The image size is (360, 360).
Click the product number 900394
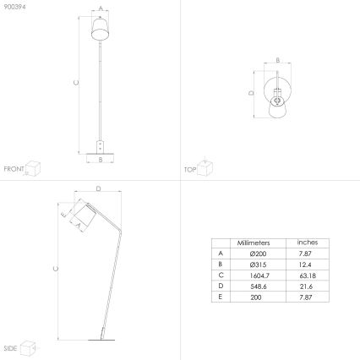pos(14,6)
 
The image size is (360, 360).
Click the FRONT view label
pos(14,169)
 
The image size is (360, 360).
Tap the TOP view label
pos(190,169)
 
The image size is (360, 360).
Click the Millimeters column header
pos(254,242)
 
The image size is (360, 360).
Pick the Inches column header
pos(308,242)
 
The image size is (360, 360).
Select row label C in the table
pos(221,275)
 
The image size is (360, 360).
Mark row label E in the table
pos(221,297)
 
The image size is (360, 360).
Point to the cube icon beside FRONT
pos(33,166)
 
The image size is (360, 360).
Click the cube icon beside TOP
pos(205,166)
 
